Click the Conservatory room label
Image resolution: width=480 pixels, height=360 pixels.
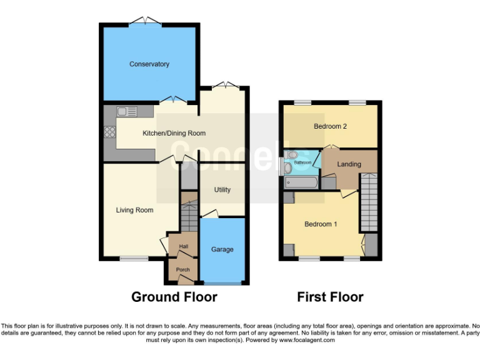pos(149,64)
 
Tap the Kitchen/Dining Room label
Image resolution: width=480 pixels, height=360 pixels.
pos(174,133)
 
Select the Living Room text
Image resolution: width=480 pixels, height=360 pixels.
pos(134,210)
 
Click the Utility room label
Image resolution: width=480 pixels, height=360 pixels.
pos(222,190)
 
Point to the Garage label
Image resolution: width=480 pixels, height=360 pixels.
pos(222,249)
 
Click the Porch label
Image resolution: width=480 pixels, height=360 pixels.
pos(182,270)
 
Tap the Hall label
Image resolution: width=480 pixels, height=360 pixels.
pos(183,247)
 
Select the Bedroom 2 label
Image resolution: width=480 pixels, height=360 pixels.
pos(330,126)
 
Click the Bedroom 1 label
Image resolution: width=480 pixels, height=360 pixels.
pos(321,224)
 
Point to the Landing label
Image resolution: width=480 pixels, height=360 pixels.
pos(349,164)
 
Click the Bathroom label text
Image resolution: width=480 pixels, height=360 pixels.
pos(303,162)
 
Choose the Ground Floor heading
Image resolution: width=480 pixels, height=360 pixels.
pos(174,297)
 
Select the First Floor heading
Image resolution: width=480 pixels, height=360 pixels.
pos(330,297)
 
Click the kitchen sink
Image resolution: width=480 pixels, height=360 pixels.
pos(127,112)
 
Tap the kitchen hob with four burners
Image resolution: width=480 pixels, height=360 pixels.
pos(109,132)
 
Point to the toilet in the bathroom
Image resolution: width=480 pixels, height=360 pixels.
pos(292,154)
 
